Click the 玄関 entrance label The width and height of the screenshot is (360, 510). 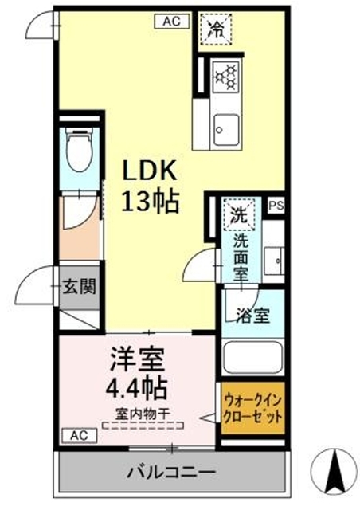[x=79, y=286]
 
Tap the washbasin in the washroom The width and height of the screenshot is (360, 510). [x=275, y=258]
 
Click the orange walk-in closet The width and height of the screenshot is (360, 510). [x=252, y=409]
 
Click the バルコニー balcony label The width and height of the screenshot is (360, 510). [x=170, y=472]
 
